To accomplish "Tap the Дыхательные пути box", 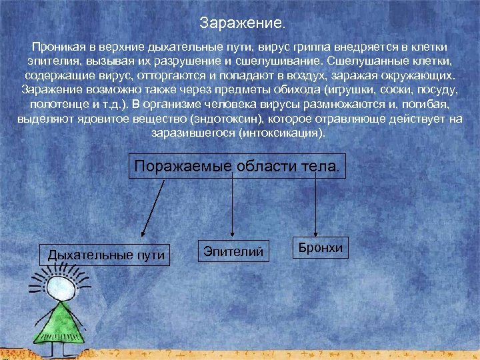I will [107, 255].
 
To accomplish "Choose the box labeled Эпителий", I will [234, 251].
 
